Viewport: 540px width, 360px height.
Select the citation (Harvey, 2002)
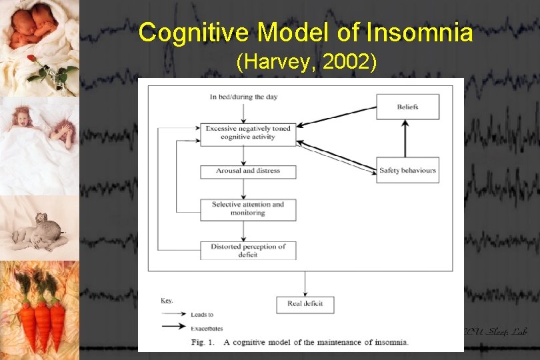[307, 63]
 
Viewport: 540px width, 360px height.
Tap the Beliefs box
[407, 107]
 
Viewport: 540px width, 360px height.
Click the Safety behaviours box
[407, 171]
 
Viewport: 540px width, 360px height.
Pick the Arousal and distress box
[248, 171]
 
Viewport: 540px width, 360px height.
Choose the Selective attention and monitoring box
[248, 209]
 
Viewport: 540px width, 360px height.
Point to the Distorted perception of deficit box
[248, 251]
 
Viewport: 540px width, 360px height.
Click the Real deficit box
[305, 304]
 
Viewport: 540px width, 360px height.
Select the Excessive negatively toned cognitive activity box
[248, 133]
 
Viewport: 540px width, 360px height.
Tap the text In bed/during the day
[243, 97]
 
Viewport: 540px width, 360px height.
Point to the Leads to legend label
[202, 315]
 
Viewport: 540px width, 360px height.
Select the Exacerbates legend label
[207, 328]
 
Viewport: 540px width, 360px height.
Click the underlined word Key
[166, 301]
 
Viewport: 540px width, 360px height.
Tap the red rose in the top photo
[31, 59]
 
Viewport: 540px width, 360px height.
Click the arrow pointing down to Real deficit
[305, 283]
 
